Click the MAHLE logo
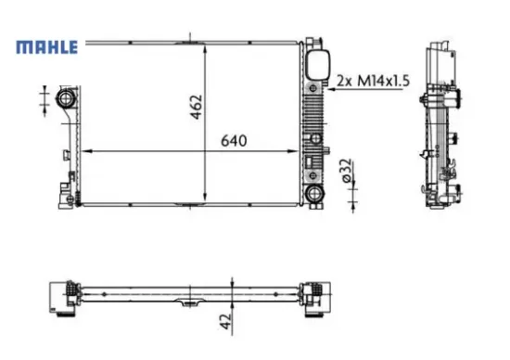[44, 46]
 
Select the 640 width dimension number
[234, 142]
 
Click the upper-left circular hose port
[66, 98]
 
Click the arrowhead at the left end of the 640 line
[86, 150]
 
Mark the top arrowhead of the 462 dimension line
[206, 45]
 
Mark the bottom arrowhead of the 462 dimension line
[206, 199]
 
